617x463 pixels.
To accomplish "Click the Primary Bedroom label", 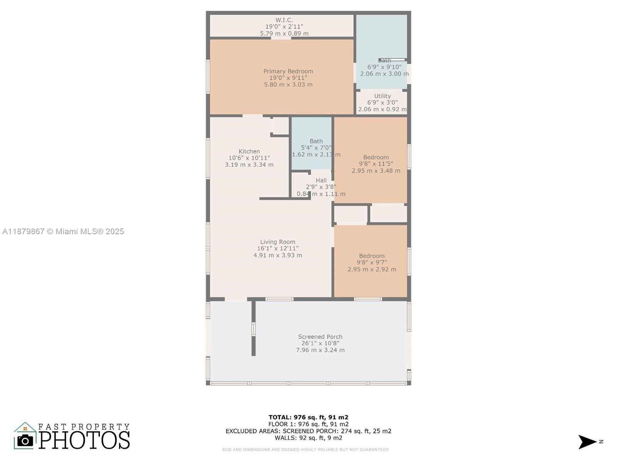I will coord(288,71).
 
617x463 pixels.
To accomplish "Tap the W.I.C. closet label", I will coord(284,20).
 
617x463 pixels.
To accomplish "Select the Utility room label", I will coord(382,96).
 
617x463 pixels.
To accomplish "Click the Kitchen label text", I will coord(249,152).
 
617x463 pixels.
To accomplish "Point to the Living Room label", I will coord(278,242).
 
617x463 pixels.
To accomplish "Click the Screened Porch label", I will coord(320,337).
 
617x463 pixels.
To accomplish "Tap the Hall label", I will coord(321,181).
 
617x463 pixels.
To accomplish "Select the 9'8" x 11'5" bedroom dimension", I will coord(376,164).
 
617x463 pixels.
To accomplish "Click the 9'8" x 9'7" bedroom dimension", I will coord(372,262).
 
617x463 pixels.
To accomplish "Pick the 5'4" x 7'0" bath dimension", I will coord(316,148).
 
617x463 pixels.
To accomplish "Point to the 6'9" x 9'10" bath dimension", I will coord(384,67).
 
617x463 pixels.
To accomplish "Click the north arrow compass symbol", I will coord(587,442).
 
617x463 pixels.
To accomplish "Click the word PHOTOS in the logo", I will coord(84,440).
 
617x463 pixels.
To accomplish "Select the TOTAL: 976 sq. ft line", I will coord(308,417).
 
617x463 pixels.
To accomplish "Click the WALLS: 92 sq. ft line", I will coord(308,438).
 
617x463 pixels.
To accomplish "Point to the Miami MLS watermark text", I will coord(63,231).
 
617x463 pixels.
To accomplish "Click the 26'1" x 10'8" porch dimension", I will coord(320,343).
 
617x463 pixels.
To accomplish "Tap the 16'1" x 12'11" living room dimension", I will coord(278,248).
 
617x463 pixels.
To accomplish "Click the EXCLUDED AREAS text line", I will coord(308,431).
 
